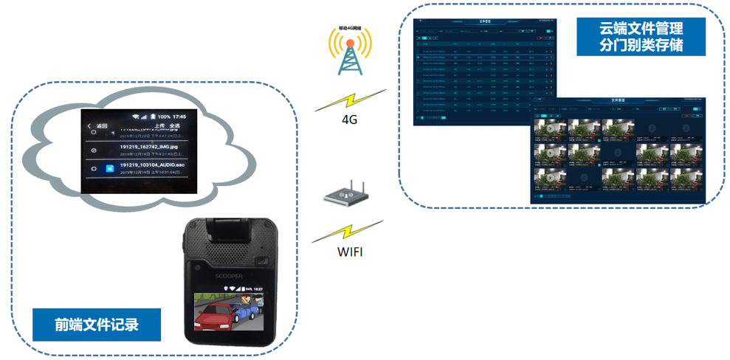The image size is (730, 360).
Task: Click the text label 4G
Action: point(349,120)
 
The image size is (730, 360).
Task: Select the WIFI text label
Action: point(350,252)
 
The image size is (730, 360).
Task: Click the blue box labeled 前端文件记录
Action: point(97,324)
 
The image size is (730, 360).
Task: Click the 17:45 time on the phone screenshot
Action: point(179,117)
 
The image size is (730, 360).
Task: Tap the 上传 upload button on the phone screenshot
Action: point(159,127)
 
